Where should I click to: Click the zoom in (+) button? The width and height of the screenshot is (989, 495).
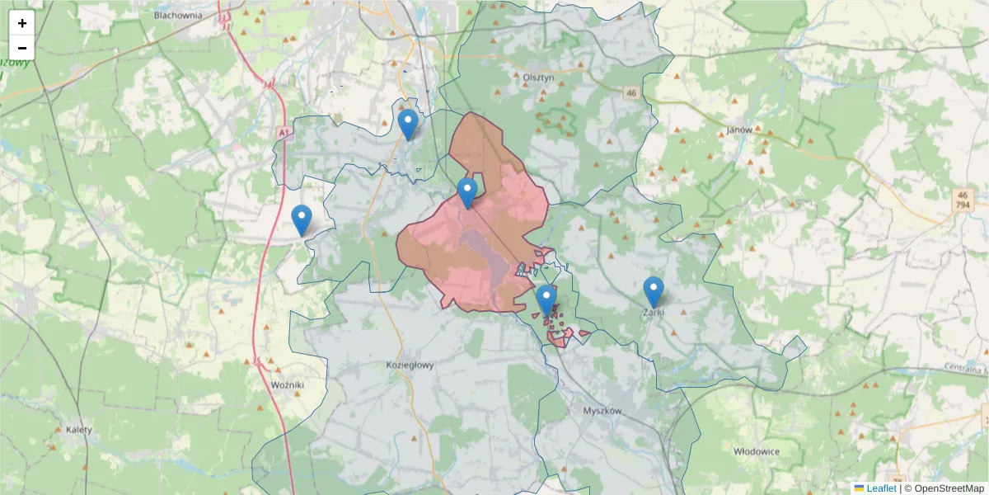click(x=22, y=23)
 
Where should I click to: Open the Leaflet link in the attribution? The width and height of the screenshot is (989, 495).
click(x=880, y=488)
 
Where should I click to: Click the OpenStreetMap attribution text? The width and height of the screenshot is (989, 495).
click(x=949, y=488)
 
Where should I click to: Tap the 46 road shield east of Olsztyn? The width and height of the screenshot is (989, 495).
click(x=631, y=93)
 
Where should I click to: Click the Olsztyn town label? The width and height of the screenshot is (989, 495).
click(x=539, y=77)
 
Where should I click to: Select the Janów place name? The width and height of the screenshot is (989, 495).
click(x=740, y=130)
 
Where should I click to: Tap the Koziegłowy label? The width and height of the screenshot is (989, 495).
click(x=410, y=365)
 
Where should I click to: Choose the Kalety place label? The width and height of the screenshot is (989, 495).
click(x=79, y=430)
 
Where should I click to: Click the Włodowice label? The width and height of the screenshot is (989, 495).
click(x=757, y=450)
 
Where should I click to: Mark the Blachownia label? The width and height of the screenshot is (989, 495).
click(x=179, y=15)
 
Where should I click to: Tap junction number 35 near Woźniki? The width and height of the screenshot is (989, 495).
click(x=257, y=361)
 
